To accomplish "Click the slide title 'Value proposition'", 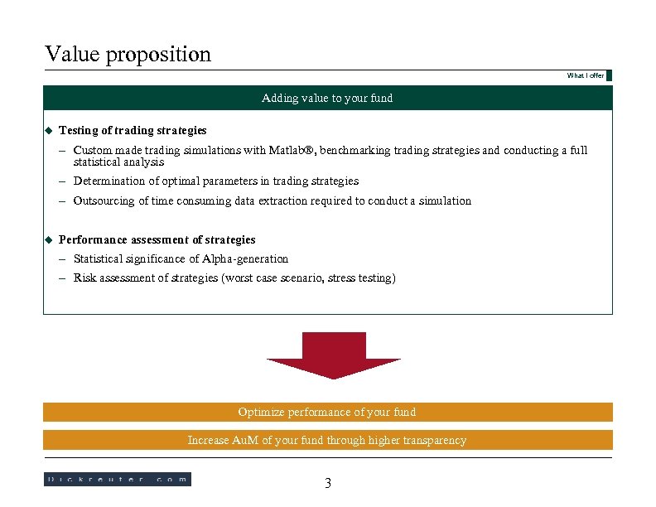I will pos(128,55).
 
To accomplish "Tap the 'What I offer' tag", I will pos(586,75).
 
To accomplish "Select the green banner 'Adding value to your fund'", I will pos(327,98).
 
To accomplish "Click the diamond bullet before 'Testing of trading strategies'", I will pos(48,130).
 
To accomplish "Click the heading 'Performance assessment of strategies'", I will pos(157,239).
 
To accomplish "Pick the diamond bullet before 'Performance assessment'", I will pos(48,239).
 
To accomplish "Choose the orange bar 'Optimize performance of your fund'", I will pos(327,412).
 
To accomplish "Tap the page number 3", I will pos(328,483).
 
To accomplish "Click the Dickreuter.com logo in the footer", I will pos(117,479).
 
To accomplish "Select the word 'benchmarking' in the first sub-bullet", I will pos(355,151).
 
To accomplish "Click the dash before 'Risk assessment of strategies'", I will pos(63,278).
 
